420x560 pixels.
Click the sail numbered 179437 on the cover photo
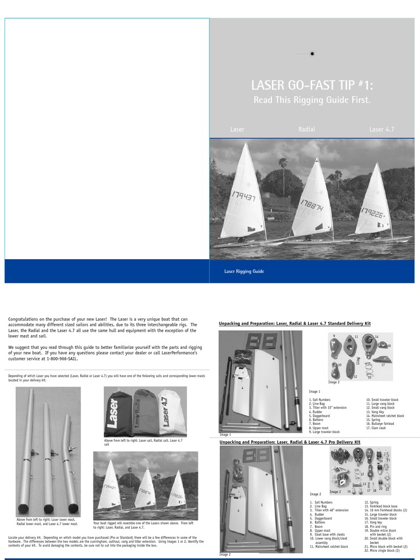click(243, 197)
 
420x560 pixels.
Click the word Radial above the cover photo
click(307, 130)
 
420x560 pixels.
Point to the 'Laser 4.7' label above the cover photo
click(382, 130)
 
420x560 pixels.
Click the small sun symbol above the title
click(312, 54)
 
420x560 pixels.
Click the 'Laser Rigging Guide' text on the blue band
click(244, 271)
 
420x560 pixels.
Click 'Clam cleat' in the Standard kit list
click(377, 428)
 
